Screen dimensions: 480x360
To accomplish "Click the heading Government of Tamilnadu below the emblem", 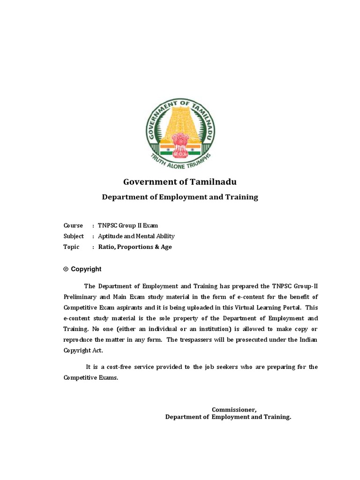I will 180,181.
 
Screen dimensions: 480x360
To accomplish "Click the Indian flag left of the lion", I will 166,150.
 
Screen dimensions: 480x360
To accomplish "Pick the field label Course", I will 73,225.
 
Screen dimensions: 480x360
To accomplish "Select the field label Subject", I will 74,236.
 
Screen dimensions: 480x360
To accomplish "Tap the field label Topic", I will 71,247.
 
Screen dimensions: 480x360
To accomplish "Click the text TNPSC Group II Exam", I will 127,225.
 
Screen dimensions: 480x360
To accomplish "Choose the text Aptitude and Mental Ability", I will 136,236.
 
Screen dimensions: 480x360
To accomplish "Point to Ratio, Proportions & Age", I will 135,247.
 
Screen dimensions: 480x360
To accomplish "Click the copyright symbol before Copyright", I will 66,269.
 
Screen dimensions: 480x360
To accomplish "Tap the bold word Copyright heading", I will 86,269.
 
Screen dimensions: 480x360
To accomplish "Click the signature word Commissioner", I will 234,410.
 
